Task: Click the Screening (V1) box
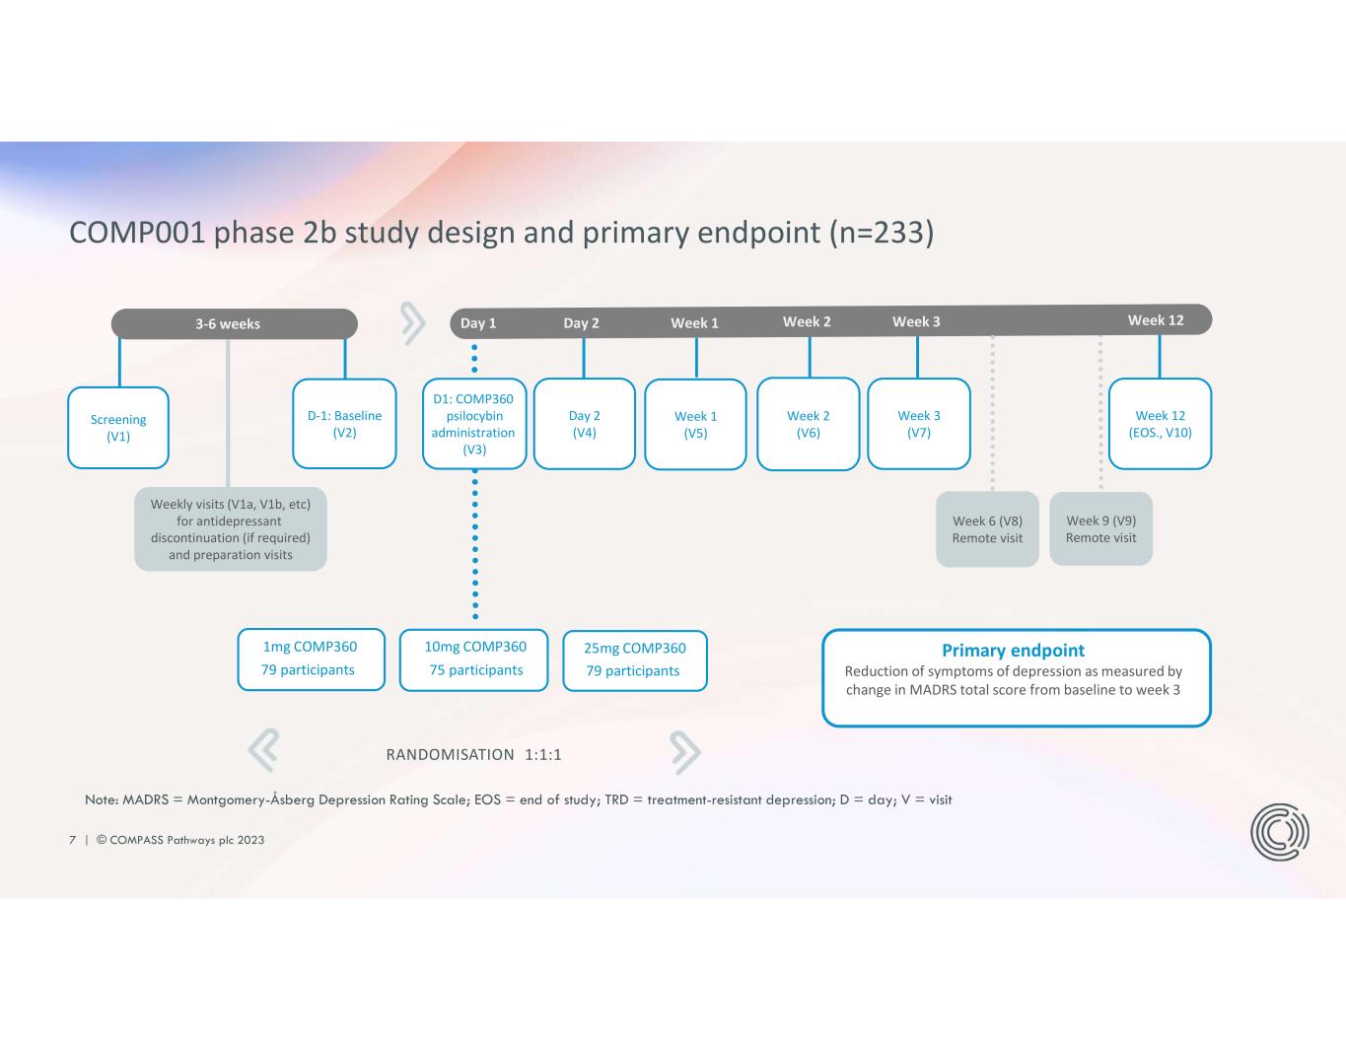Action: pos(118,428)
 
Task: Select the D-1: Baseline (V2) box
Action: pos(344,424)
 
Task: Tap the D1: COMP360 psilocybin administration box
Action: pos(474,424)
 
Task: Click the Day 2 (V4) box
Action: pos(584,424)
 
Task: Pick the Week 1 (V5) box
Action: pos(695,425)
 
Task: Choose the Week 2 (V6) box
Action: pos(808,424)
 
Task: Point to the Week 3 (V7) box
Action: pos(918,424)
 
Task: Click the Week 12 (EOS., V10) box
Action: pos(1160,424)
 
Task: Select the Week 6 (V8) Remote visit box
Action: pos(987,529)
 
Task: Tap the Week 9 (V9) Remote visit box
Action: pos(1100,529)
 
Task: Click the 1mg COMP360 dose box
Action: pos(311,659)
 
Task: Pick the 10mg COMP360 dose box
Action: pos(474,659)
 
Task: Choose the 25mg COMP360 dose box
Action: pos(634,659)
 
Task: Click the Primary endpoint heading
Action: pos(1013,651)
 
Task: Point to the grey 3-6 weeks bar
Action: pos(234,323)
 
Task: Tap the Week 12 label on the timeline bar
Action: pos(1155,320)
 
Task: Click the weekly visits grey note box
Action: pos(231,529)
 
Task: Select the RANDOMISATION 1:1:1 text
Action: pos(473,755)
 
